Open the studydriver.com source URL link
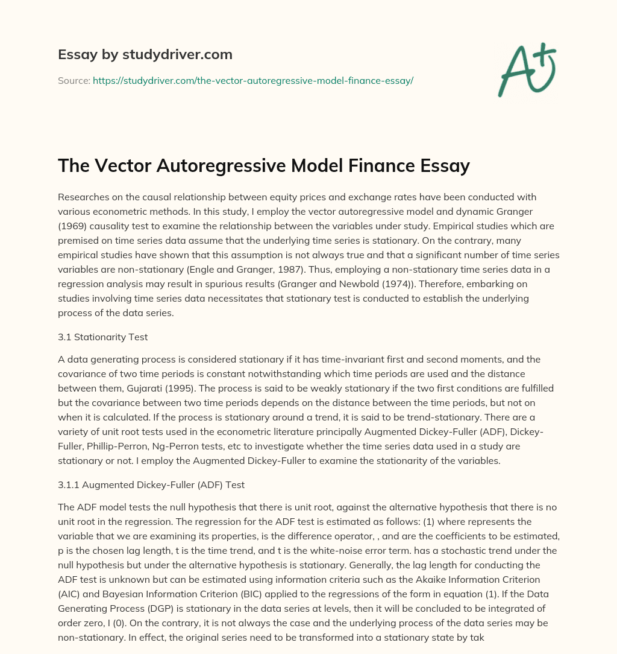click(252, 80)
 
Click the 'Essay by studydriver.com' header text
click(145, 54)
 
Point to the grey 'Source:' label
click(74, 80)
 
